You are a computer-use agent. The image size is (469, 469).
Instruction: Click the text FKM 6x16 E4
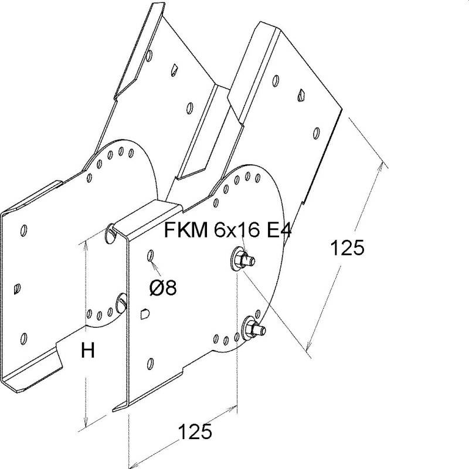[227, 230]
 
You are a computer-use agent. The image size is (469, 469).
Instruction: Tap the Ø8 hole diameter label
[163, 288]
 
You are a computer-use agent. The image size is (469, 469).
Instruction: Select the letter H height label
[87, 351]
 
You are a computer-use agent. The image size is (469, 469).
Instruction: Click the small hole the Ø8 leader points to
[151, 256]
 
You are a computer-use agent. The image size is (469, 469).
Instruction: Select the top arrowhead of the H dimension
[86, 243]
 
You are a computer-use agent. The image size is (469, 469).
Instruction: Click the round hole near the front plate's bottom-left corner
[151, 362]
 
